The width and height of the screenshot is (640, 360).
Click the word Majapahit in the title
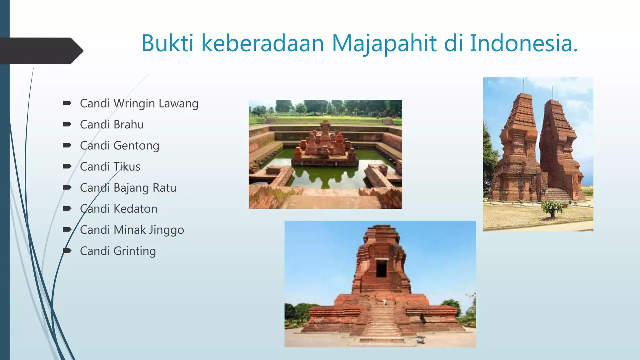(x=384, y=43)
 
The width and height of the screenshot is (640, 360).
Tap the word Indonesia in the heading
(x=523, y=43)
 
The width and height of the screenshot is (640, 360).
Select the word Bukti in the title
(x=167, y=43)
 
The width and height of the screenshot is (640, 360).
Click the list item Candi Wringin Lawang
(x=139, y=103)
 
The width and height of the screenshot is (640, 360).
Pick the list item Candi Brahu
(x=112, y=124)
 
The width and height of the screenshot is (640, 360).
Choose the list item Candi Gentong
(x=119, y=146)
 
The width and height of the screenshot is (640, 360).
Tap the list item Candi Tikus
(x=110, y=167)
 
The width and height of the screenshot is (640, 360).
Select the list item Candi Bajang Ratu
(x=128, y=188)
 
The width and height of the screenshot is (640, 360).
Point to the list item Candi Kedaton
(x=118, y=209)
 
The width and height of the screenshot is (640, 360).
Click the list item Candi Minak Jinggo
(x=132, y=230)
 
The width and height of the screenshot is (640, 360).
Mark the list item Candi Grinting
(x=118, y=251)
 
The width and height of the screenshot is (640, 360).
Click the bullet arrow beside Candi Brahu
(x=67, y=124)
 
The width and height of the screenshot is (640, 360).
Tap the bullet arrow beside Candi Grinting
(x=67, y=251)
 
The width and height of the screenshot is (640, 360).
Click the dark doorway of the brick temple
(x=381, y=268)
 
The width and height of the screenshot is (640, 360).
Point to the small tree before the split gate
(x=553, y=207)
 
